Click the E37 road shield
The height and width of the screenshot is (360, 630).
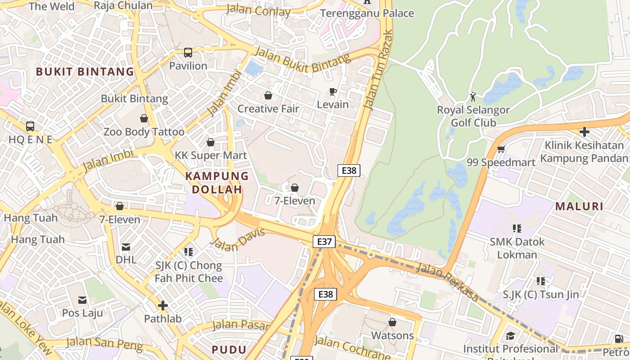pos(324,242)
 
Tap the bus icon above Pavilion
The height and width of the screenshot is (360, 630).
pos(188,53)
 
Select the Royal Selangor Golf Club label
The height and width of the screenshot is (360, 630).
pos(473,116)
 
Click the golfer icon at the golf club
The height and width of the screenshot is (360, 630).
pos(473,97)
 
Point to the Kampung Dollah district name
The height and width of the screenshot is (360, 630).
pos(217,182)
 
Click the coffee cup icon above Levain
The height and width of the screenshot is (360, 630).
pos(333,92)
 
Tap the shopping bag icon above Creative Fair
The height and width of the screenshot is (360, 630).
pos(268,95)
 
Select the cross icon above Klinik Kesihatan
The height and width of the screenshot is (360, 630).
pos(584,132)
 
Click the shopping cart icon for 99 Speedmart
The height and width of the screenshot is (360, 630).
pos(501,149)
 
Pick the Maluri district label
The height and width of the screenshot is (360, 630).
pos(579,207)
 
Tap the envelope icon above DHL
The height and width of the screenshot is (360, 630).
pos(126,247)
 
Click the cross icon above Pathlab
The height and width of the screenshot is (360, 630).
pos(163,306)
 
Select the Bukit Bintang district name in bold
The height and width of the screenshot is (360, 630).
pos(85,72)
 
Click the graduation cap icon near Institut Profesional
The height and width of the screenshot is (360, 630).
pos(510,336)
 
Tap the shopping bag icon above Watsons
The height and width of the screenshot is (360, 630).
pos(392,322)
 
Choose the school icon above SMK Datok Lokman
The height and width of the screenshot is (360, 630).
pos(517,229)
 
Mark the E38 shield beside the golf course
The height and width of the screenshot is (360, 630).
pos(349,171)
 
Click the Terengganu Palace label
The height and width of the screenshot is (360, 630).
pos(367,13)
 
